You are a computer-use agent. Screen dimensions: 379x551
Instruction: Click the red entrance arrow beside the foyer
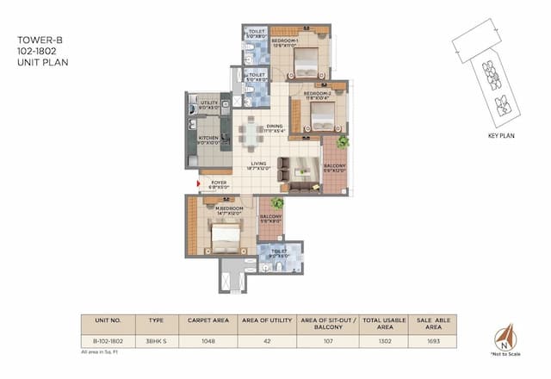click(191, 182)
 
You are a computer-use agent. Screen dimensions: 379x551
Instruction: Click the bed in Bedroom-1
click(306, 62)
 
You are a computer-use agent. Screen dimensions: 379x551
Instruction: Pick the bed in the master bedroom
click(226, 233)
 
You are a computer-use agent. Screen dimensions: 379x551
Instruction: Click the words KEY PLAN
click(500, 137)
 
